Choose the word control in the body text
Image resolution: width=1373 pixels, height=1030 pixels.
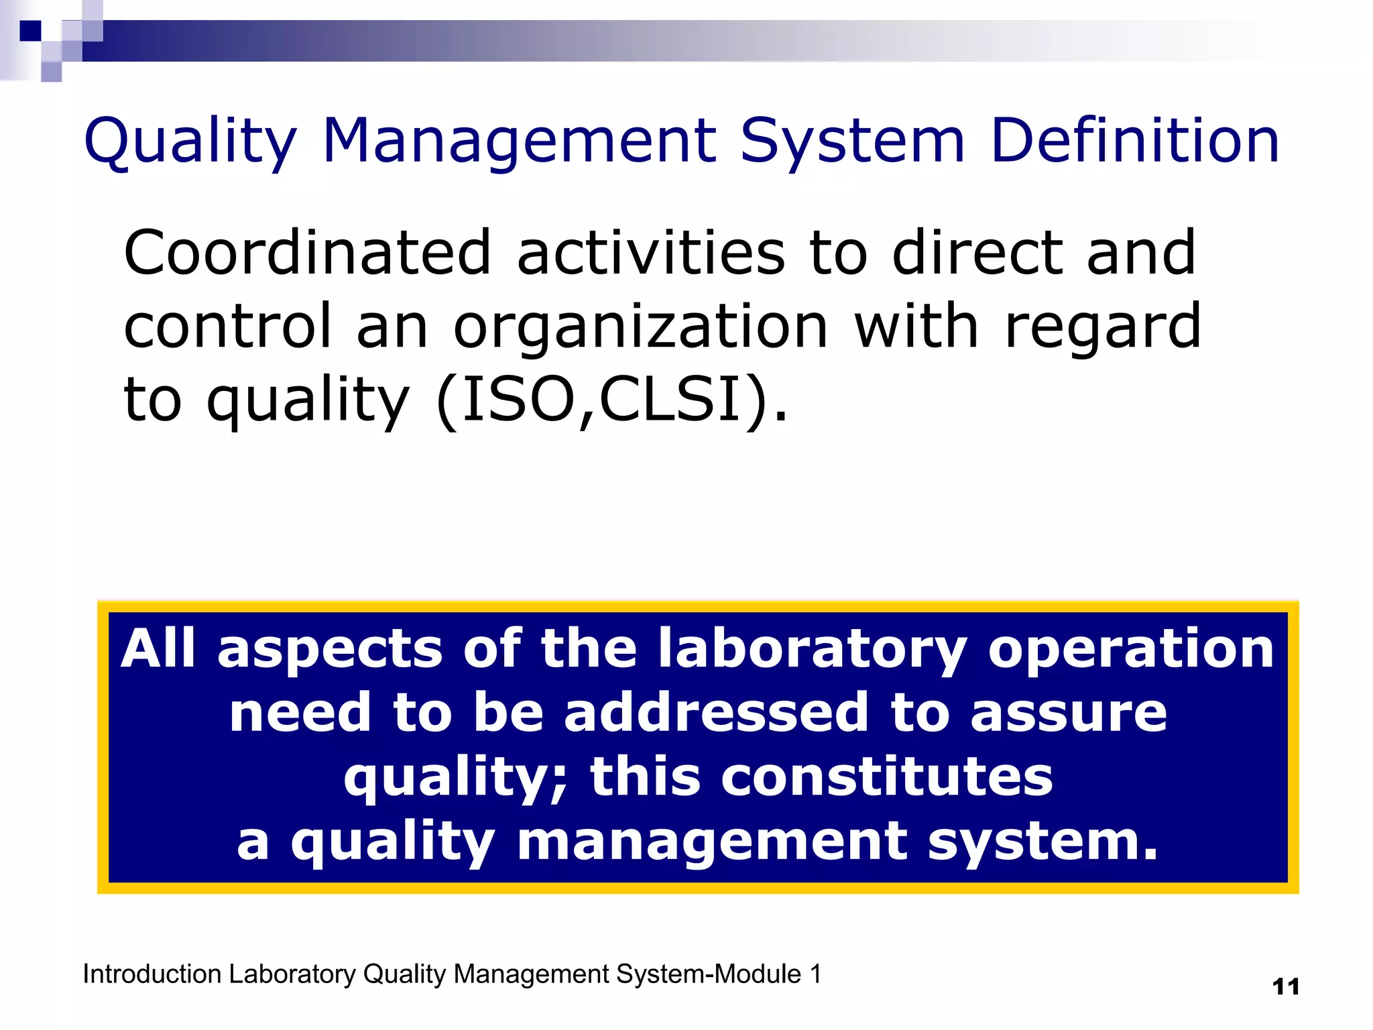click(228, 327)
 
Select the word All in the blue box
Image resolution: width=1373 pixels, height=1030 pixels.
click(158, 648)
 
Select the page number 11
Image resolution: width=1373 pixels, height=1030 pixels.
click(1285, 987)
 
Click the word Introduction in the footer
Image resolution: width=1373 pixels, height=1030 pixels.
click(152, 974)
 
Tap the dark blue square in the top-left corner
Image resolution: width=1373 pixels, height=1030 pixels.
click(30, 31)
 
